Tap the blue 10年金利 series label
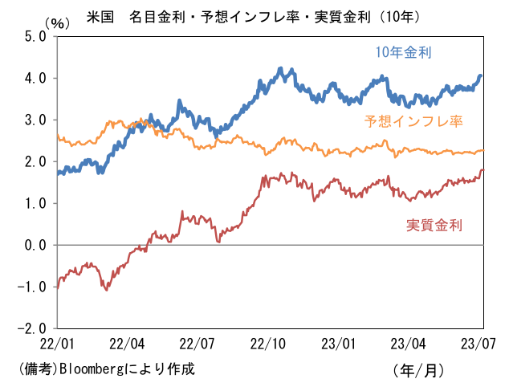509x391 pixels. click(x=404, y=53)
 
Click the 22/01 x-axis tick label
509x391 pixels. click(x=57, y=343)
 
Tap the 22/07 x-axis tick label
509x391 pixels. click(x=198, y=343)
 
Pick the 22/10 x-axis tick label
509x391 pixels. click(x=269, y=343)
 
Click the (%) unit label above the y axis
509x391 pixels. click(x=59, y=23)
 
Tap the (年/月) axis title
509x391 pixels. click(x=418, y=370)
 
